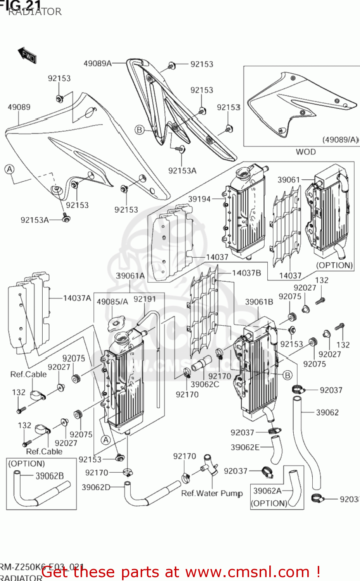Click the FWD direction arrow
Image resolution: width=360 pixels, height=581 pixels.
coord(27,55)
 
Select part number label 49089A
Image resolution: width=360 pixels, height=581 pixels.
coord(98,63)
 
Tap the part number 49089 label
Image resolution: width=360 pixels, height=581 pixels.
coord(19,107)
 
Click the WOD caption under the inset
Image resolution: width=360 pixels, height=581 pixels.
coord(305,152)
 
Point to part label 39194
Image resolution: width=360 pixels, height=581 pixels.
coord(199,199)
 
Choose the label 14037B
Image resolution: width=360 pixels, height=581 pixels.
coord(246,273)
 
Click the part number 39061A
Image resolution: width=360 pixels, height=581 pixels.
coord(130,276)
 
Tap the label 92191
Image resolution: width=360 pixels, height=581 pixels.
coord(145,299)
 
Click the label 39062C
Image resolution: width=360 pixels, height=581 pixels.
coord(205,385)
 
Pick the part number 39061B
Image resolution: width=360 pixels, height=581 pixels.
coord(259,302)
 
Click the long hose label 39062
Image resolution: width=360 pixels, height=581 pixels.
coord(327,413)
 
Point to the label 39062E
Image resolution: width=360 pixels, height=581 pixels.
coord(245,447)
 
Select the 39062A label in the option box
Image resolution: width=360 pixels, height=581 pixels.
coord(267,491)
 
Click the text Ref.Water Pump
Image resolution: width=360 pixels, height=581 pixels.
coord(212,493)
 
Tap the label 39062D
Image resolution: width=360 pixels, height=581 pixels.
coord(96,487)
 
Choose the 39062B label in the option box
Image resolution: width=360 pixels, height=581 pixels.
coord(50,476)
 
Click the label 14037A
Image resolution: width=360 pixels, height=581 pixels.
coord(77,298)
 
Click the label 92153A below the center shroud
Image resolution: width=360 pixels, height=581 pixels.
coord(182,170)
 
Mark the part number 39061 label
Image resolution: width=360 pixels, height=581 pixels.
coord(289,180)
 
